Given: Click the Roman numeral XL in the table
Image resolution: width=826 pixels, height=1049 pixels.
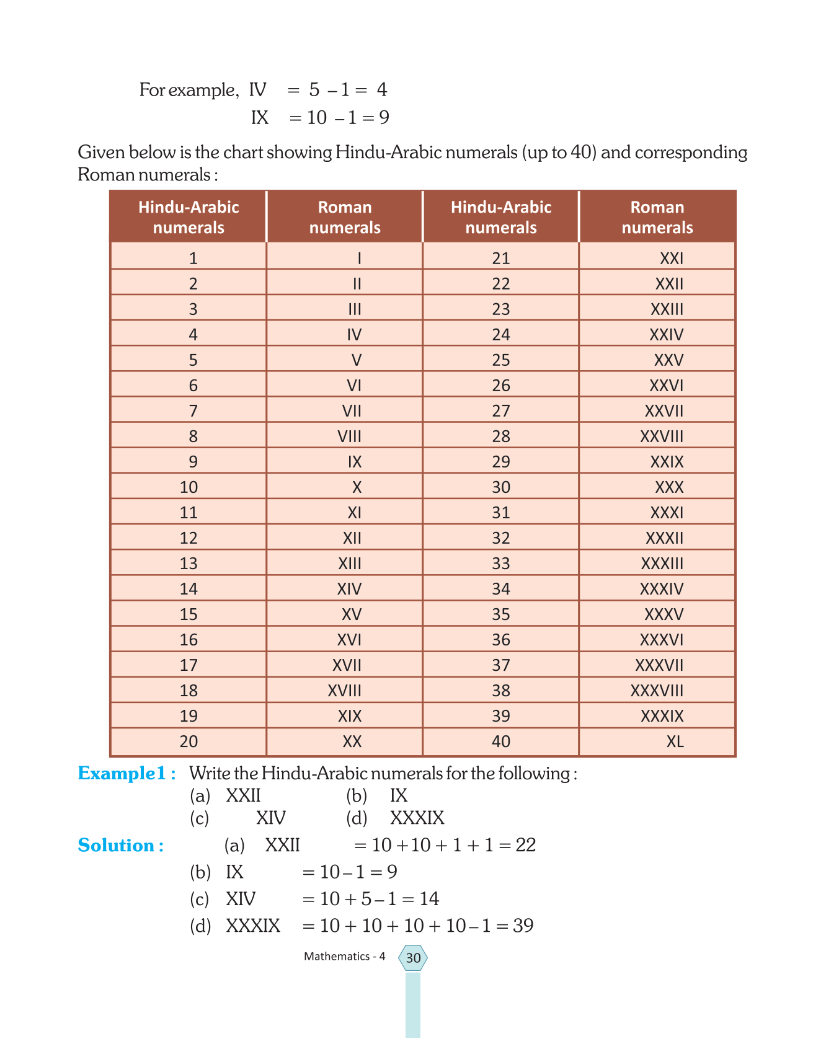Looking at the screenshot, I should point(675,741).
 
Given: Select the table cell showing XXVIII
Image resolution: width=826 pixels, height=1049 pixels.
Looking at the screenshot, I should point(661,436).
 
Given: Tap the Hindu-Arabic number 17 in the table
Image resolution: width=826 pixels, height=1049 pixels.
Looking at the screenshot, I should point(189,665).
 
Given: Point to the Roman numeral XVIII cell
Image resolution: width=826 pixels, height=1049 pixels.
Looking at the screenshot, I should point(344,691).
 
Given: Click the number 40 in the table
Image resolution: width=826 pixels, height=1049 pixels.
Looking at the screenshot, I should point(501,741).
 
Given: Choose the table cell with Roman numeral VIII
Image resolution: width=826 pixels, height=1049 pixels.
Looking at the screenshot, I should point(349,436).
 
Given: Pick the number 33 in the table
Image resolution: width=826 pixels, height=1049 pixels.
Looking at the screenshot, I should point(501,564).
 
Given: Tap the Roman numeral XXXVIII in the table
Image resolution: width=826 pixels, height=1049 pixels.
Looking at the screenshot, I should point(657,691).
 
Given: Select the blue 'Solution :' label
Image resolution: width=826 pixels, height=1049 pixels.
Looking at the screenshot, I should point(121,845).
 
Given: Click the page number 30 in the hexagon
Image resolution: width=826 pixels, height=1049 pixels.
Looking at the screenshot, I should point(413,958).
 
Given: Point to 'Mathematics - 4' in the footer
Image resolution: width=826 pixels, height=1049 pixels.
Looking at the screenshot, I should point(344,956).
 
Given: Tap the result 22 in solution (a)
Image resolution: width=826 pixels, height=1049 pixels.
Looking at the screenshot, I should point(526,845).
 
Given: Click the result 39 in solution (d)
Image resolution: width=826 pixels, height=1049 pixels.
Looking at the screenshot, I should point(523,926).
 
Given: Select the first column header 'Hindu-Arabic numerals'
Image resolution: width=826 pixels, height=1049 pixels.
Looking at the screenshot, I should point(189,217).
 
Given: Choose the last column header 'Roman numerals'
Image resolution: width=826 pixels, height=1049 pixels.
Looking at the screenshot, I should point(657,217).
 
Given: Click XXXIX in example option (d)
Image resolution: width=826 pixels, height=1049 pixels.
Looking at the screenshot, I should point(417,818).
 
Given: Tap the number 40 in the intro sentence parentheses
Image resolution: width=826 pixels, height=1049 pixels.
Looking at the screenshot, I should point(582,153).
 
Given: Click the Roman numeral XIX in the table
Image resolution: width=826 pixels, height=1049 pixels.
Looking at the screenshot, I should point(350,716).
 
